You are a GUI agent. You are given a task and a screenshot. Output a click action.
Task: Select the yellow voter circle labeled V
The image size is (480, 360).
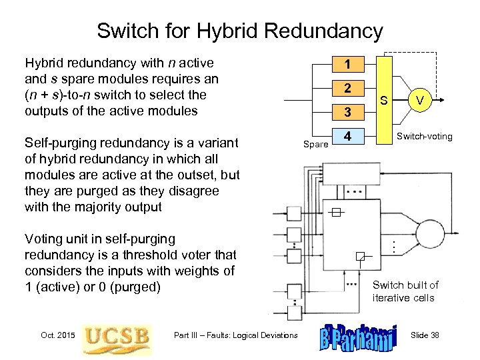pyautogui.click(x=419, y=101)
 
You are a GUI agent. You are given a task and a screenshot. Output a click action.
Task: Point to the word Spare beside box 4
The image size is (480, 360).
pyautogui.click(x=316, y=144)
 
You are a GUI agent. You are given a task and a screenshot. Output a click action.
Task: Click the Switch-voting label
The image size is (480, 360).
pyautogui.click(x=424, y=137)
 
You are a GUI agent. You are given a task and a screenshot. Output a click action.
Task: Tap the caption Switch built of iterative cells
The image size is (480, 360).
pyautogui.click(x=405, y=291)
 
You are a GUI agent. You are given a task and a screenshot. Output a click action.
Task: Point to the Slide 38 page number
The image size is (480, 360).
pyautogui.click(x=425, y=335)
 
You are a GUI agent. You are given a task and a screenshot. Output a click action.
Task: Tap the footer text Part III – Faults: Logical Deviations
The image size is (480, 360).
pyautogui.click(x=235, y=335)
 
